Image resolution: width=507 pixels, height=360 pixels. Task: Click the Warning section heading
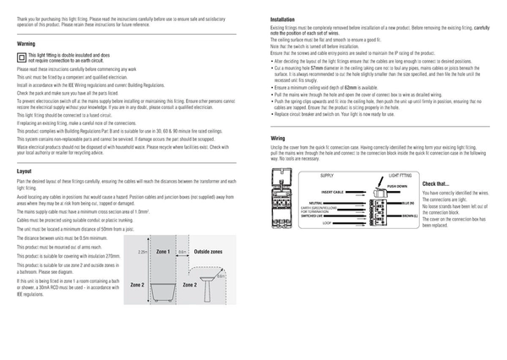[25, 42]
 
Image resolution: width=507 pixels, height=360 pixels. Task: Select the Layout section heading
[25, 171]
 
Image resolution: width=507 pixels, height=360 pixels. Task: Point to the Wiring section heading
[278, 137]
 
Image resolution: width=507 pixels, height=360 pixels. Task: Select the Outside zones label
[208, 252]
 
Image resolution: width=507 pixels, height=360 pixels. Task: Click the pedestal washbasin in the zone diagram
[204, 288]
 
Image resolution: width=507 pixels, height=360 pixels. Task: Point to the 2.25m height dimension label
[142, 253]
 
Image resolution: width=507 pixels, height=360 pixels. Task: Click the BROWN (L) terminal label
[409, 216]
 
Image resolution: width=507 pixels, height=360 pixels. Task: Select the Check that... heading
[436, 183]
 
